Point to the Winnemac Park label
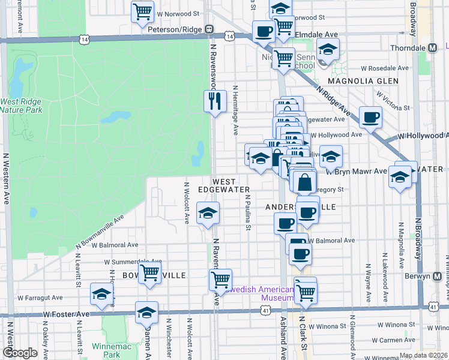tap(106, 350)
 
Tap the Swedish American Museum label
tap(259, 293)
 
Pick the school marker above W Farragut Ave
tap(101, 295)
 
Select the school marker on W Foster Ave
tap(146, 312)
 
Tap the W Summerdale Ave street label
tap(133, 262)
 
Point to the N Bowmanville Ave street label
tap(99, 231)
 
